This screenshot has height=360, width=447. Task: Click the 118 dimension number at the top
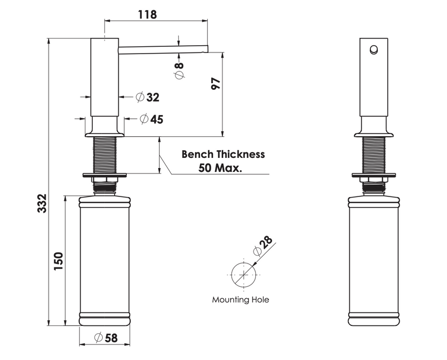point(148,15)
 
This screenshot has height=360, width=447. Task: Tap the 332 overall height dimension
point(42,203)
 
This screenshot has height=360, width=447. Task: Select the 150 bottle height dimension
point(58,261)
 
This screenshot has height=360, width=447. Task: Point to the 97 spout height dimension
point(216,84)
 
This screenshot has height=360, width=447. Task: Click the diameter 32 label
point(148,97)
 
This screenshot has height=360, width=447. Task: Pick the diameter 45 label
point(151,119)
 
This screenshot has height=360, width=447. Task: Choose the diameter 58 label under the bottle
point(106,338)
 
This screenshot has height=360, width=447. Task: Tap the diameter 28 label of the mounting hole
point(263,245)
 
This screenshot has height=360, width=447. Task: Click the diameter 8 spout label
point(179,71)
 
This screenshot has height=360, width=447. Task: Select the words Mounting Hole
point(240,300)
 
